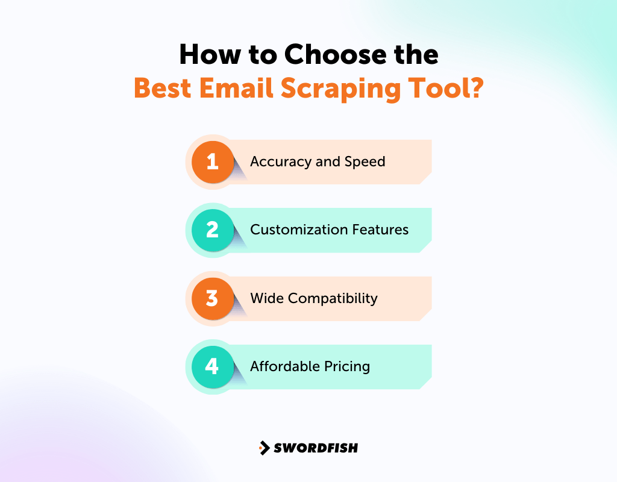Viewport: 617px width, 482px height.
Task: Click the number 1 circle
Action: [x=212, y=161]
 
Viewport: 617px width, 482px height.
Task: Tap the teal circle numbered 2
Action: [x=212, y=230]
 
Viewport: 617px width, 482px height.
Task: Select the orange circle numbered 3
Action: [x=212, y=298]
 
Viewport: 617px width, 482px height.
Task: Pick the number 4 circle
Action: [x=212, y=366]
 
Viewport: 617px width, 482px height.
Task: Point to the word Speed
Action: [x=365, y=161]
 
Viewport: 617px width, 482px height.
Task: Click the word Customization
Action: [x=295, y=230]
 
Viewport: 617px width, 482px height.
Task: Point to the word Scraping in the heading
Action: [x=347, y=88]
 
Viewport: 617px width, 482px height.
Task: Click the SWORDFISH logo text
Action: [x=316, y=448]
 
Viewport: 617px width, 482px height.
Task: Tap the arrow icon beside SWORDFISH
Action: [x=264, y=448]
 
